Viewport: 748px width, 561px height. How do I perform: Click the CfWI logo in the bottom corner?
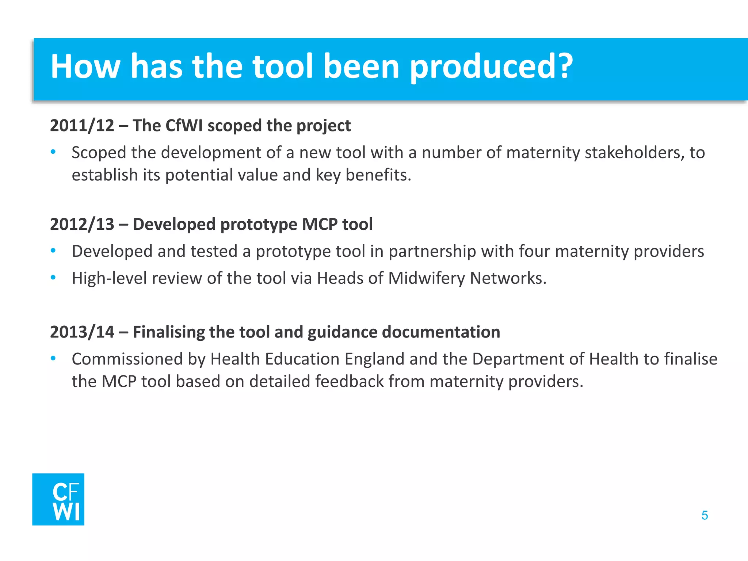click(58, 499)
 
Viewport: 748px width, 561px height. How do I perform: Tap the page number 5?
click(705, 515)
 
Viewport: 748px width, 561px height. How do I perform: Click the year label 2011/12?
click(82, 126)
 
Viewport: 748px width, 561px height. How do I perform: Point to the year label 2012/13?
click(82, 224)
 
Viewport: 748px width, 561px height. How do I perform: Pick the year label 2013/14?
click(82, 332)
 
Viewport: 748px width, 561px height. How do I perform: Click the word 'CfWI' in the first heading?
click(184, 126)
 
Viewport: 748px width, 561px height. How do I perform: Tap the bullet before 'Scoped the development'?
click(53, 152)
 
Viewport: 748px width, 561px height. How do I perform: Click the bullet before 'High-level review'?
click(53, 278)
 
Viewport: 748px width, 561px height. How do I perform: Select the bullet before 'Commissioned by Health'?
click(53, 359)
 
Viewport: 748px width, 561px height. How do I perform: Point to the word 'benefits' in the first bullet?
click(378, 175)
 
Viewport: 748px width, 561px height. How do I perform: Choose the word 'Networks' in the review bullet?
click(508, 278)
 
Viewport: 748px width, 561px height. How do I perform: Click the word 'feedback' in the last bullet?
click(349, 382)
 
